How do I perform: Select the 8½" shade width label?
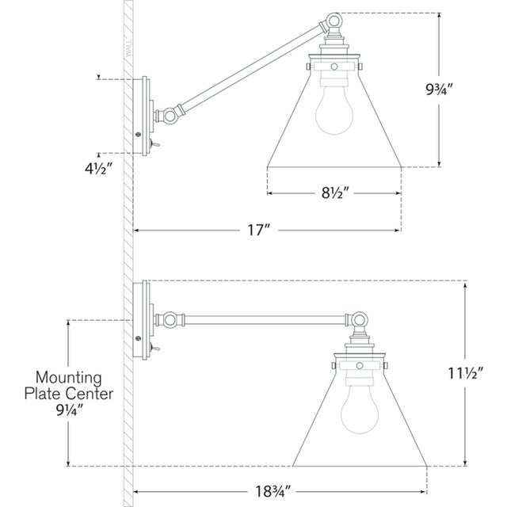[335, 193]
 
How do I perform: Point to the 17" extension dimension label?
[258, 231]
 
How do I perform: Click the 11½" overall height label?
[465, 373]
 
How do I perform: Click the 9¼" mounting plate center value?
[70, 410]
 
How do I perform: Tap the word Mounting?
[69, 378]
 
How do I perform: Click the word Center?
[90, 394]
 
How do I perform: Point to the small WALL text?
[128, 48]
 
